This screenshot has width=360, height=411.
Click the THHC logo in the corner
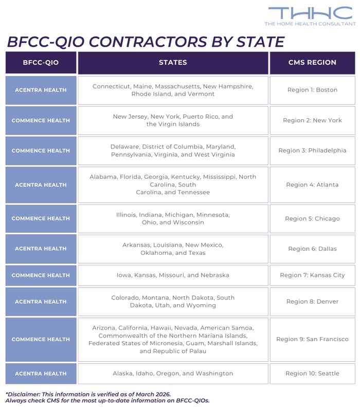point(310,15)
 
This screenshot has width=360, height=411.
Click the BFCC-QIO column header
point(41,63)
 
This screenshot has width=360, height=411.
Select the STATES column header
point(173,63)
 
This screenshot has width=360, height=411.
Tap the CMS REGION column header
point(312,63)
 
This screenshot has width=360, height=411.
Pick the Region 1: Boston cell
point(312,90)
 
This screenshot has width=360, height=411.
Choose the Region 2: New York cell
point(312,120)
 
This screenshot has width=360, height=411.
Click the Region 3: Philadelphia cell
point(312,151)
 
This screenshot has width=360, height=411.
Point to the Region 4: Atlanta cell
point(312,184)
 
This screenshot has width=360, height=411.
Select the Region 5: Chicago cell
point(312,218)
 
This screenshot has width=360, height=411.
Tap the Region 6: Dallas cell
point(312,249)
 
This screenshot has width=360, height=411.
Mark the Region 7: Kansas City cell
point(312,275)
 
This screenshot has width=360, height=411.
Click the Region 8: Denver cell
point(312,302)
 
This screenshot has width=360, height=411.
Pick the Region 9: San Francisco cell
point(312,339)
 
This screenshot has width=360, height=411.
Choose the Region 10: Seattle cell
point(312,373)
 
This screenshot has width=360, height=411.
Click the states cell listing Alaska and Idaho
point(173,373)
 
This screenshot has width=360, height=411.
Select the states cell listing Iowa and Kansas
point(173,275)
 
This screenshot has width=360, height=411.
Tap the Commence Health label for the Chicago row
point(41,218)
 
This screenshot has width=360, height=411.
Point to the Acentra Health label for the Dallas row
point(41,249)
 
